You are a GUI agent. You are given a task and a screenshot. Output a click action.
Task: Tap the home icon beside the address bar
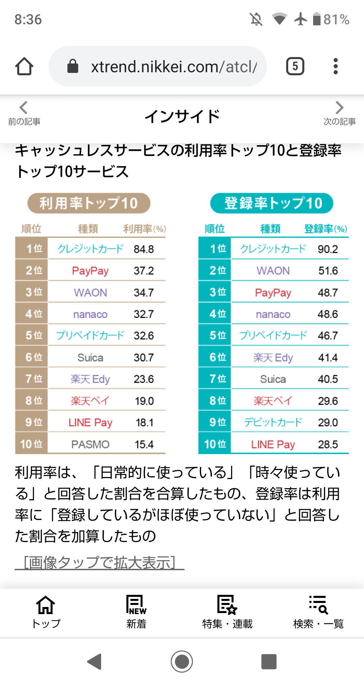(24, 66)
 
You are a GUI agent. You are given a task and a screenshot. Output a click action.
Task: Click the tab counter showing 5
(295, 66)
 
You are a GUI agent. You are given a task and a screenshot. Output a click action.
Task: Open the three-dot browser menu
(335, 66)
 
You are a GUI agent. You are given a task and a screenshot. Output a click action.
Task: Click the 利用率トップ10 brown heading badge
(89, 203)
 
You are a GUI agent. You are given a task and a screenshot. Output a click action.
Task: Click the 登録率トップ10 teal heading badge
(272, 203)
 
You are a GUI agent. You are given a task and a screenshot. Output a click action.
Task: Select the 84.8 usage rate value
(144, 249)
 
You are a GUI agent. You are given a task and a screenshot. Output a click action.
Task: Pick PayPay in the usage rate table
(90, 271)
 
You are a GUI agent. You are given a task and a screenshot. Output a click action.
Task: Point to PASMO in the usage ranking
(90, 444)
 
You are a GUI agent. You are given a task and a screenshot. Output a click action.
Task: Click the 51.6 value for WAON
(328, 271)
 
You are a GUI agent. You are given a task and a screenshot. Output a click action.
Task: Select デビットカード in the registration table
(273, 422)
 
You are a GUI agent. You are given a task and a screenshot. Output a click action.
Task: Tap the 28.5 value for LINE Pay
(328, 444)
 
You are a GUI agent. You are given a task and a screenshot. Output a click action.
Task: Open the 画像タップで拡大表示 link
(99, 562)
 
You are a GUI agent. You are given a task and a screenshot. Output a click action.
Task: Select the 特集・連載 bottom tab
(227, 611)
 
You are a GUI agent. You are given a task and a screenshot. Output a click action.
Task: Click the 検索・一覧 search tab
(318, 611)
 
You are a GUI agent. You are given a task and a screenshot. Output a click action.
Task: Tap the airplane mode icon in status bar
(300, 19)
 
